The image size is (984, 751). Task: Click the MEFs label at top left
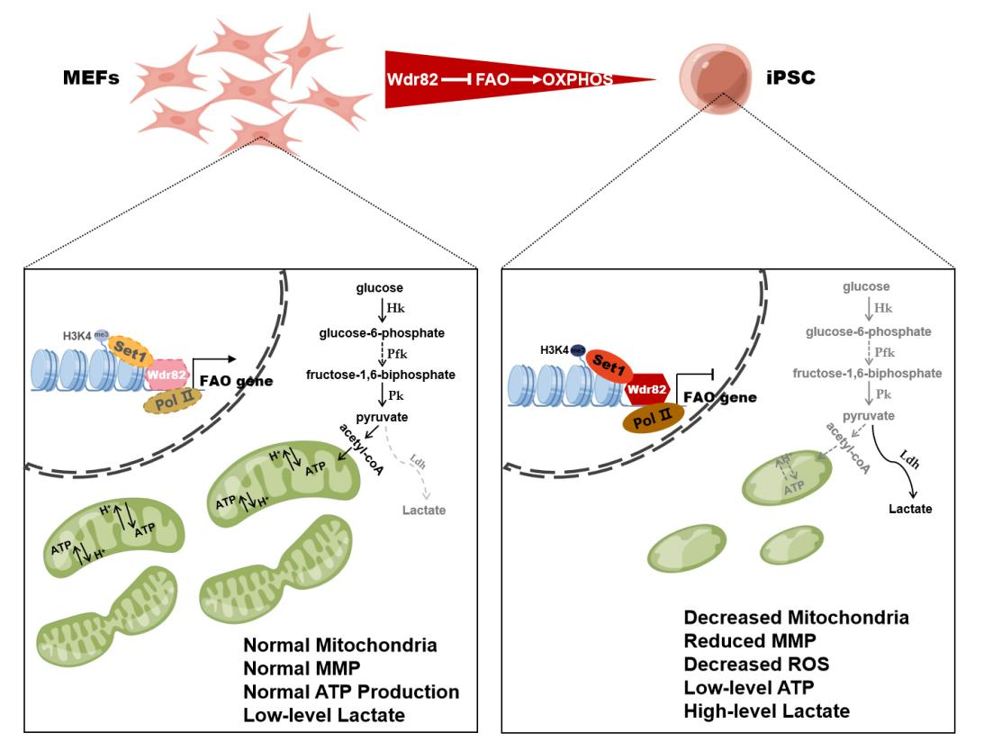point(91,78)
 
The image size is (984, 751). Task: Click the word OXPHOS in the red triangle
point(577,79)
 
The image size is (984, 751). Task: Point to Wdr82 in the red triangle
point(413,79)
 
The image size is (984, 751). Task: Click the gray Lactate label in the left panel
point(423,511)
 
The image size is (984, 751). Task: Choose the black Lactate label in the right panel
point(910,509)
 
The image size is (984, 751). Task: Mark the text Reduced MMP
point(749,641)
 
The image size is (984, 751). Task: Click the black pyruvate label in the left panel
point(383,417)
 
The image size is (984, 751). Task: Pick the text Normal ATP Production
point(351,692)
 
